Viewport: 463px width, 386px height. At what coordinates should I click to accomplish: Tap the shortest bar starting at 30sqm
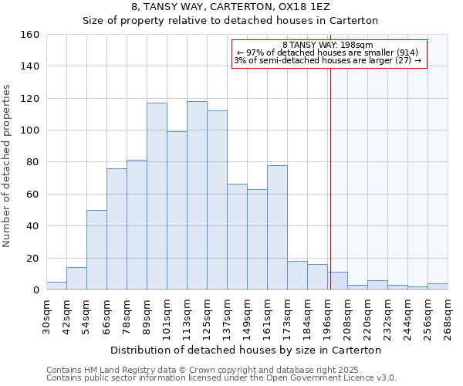coord(56,286)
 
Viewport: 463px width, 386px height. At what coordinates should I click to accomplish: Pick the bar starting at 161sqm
coord(277,227)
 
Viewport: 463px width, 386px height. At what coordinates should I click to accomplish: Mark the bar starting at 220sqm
coord(377,285)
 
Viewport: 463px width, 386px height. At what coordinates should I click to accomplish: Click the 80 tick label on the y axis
coord(32,162)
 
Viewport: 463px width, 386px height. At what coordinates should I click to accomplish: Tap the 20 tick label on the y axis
coord(32,259)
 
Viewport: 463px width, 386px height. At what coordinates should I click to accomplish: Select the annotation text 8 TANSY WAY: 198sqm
coord(328,45)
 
